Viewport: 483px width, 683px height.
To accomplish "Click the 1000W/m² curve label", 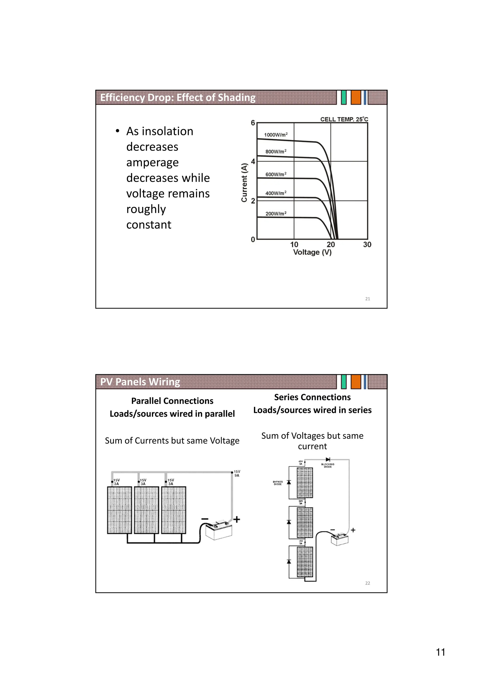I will coord(275,135).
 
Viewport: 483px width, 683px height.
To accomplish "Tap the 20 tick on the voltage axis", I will coord(331,245).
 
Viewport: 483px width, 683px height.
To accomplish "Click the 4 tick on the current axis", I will coord(253,161).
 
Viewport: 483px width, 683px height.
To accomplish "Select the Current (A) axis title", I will coord(244,182).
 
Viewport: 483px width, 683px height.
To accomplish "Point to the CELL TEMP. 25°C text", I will coord(344,119).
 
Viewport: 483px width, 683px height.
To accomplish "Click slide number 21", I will coord(367,299).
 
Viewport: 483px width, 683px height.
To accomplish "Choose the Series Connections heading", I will coord(312,397).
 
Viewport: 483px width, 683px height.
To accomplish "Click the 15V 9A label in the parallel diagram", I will coord(237,473).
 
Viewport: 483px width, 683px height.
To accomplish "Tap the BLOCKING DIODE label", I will coord(328,465).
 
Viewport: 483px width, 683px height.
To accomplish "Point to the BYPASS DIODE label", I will coord(278,483).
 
